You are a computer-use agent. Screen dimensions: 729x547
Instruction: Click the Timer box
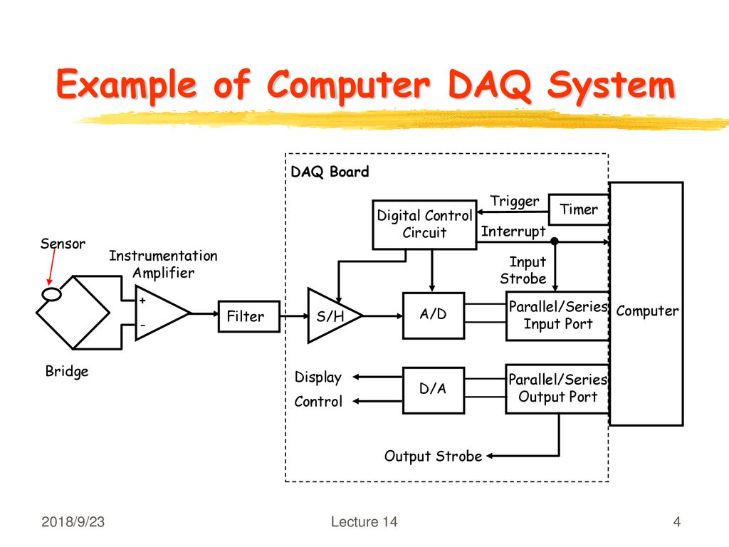click(579, 210)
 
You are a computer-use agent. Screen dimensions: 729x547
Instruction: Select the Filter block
click(249, 316)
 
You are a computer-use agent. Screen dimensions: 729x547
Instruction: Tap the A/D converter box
click(434, 316)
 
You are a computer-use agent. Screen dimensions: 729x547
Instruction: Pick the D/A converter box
click(434, 390)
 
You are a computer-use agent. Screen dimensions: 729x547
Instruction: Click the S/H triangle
click(332, 316)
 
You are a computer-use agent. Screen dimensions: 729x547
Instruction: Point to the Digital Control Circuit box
click(424, 224)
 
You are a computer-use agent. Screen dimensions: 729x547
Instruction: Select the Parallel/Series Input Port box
click(557, 316)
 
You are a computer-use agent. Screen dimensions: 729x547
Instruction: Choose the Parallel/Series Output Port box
click(557, 389)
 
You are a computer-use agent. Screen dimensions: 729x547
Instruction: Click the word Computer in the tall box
click(646, 311)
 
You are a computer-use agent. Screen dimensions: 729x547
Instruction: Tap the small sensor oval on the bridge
click(51, 294)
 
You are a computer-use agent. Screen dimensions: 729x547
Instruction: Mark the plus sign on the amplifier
click(142, 301)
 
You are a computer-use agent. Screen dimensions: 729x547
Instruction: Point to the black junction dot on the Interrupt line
click(554, 241)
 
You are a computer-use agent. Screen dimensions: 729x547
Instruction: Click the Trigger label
click(515, 202)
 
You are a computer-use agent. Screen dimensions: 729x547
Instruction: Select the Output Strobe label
click(433, 457)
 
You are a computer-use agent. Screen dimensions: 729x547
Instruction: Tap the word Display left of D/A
click(318, 377)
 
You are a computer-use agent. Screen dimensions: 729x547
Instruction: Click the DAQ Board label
click(330, 172)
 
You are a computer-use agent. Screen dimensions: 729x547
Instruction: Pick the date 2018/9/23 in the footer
click(73, 522)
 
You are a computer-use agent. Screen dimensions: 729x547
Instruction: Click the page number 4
click(677, 522)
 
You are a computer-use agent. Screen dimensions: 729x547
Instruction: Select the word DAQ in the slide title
click(490, 85)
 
